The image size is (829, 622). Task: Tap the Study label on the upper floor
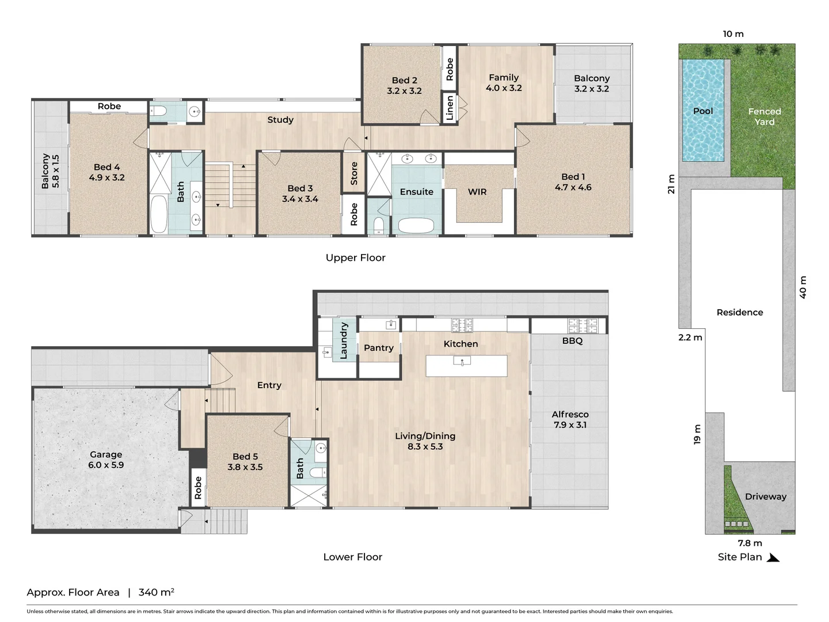tap(280, 120)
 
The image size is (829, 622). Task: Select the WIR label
tap(477, 192)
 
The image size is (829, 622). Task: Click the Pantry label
tap(378, 348)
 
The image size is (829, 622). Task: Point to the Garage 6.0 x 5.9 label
tap(106, 460)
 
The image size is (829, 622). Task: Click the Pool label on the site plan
tap(703, 111)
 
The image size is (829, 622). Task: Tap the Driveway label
tap(765, 496)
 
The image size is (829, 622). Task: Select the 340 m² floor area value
tap(157, 592)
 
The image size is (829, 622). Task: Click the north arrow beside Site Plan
tap(773, 557)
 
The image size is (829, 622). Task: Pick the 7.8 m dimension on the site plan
tap(750, 543)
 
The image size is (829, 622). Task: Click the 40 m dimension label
tap(803, 287)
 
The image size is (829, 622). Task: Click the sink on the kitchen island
tap(462, 362)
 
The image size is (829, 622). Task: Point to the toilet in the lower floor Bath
tap(318, 472)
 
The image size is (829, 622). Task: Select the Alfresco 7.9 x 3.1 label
tap(570, 420)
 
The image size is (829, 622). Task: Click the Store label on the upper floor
tap(354, 173)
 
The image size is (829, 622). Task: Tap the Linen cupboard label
tap(450, 108)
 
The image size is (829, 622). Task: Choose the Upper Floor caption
tap(355, 258)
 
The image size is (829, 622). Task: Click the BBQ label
tap(572, 340)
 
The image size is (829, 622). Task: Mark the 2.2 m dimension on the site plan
tap(690, 337)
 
